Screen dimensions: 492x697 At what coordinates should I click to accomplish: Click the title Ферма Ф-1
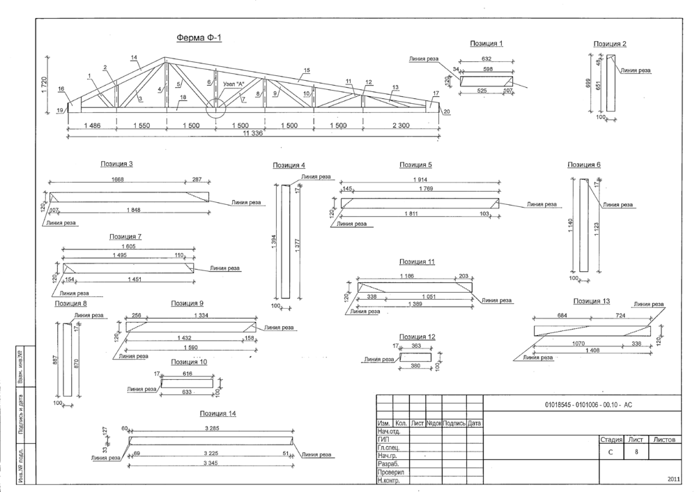199,38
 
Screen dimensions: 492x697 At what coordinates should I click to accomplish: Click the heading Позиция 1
487,43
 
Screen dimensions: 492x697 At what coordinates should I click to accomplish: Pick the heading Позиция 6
583,165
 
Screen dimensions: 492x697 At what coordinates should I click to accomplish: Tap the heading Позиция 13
591,301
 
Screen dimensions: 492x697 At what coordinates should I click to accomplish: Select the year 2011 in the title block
673,479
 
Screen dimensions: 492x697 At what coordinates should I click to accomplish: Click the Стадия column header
611,440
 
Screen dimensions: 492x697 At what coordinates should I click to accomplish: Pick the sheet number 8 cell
636,452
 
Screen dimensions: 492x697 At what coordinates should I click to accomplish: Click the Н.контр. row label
388,480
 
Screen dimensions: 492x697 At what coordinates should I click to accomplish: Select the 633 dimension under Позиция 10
186,392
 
